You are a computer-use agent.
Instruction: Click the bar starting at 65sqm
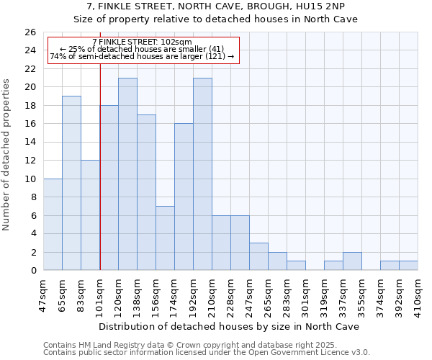71,183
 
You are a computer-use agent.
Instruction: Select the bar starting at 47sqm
53,224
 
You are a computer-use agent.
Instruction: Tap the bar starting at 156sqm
165,238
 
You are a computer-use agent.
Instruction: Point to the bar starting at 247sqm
258,256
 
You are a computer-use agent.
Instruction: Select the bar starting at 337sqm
352,261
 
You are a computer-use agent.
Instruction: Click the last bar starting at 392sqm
408,265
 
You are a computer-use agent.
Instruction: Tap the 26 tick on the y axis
30,32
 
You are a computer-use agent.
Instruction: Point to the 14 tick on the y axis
30,142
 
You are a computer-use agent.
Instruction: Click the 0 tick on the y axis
33,270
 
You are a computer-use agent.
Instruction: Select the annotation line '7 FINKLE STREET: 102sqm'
142,42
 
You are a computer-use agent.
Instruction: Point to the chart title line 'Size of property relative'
216,19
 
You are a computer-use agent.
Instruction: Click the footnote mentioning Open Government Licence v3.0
207,353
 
